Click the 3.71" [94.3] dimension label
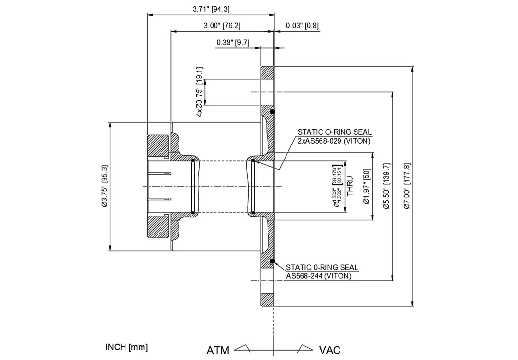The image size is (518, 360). [212, 9]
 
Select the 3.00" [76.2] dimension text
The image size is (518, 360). [222, 26]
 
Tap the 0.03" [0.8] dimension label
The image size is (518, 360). [302, 26]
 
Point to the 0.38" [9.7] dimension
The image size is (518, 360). [232, 43]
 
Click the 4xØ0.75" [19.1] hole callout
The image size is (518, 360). [200, 91]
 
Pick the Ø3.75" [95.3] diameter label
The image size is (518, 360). [105, 186]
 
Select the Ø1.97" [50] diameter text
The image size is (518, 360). [367, 187]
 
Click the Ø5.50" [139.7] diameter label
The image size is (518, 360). [386, 186]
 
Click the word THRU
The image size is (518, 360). [350, 186]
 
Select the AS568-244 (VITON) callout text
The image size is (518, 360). [318, 276]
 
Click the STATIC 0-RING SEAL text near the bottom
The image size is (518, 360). [322, 267]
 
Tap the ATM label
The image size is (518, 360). [218, 350]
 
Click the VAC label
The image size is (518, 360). [330, 350]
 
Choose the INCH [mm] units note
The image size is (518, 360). [126, 347]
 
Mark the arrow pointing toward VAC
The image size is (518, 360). [305, 348]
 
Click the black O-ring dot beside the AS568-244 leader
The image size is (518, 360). [273, 262]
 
